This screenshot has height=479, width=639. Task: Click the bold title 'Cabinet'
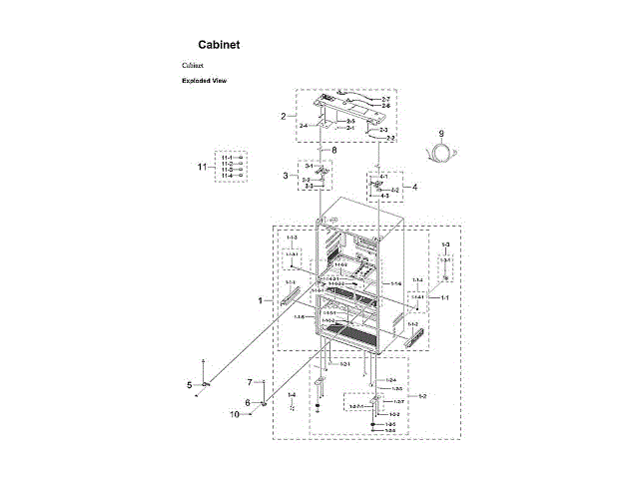click(218, 45)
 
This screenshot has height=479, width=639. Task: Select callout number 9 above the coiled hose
click(439, 133)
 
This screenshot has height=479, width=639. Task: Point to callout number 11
click(204, 167)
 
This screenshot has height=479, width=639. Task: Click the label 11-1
click(227, 158)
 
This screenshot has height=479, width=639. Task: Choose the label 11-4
click(227, 176)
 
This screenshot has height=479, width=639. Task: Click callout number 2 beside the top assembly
click(283, 116)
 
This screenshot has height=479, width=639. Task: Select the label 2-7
click(385, 100)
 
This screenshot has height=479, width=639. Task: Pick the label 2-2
click(390, 138)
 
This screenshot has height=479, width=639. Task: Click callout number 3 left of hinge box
click(285, 176)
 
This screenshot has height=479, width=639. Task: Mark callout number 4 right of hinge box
click(415, 187)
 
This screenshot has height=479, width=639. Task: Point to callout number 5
click(188, 384)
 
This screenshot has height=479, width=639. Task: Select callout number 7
click(250, 383)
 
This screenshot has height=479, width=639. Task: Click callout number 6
click(248, 402)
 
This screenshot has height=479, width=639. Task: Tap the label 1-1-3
click(293, 238)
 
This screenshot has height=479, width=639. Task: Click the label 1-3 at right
click(445, 244)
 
